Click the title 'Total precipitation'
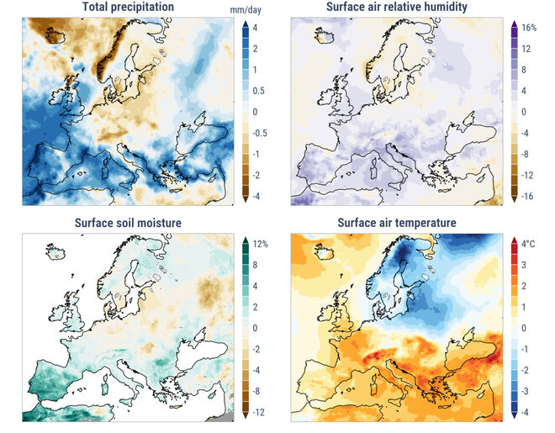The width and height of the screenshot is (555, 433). (x=128, y=8)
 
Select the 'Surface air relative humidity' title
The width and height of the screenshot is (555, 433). (x=397, y=8)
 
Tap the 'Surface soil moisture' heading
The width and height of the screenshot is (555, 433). (x=128, y=223)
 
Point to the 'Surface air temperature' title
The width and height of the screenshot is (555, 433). (x=397, y=223)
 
